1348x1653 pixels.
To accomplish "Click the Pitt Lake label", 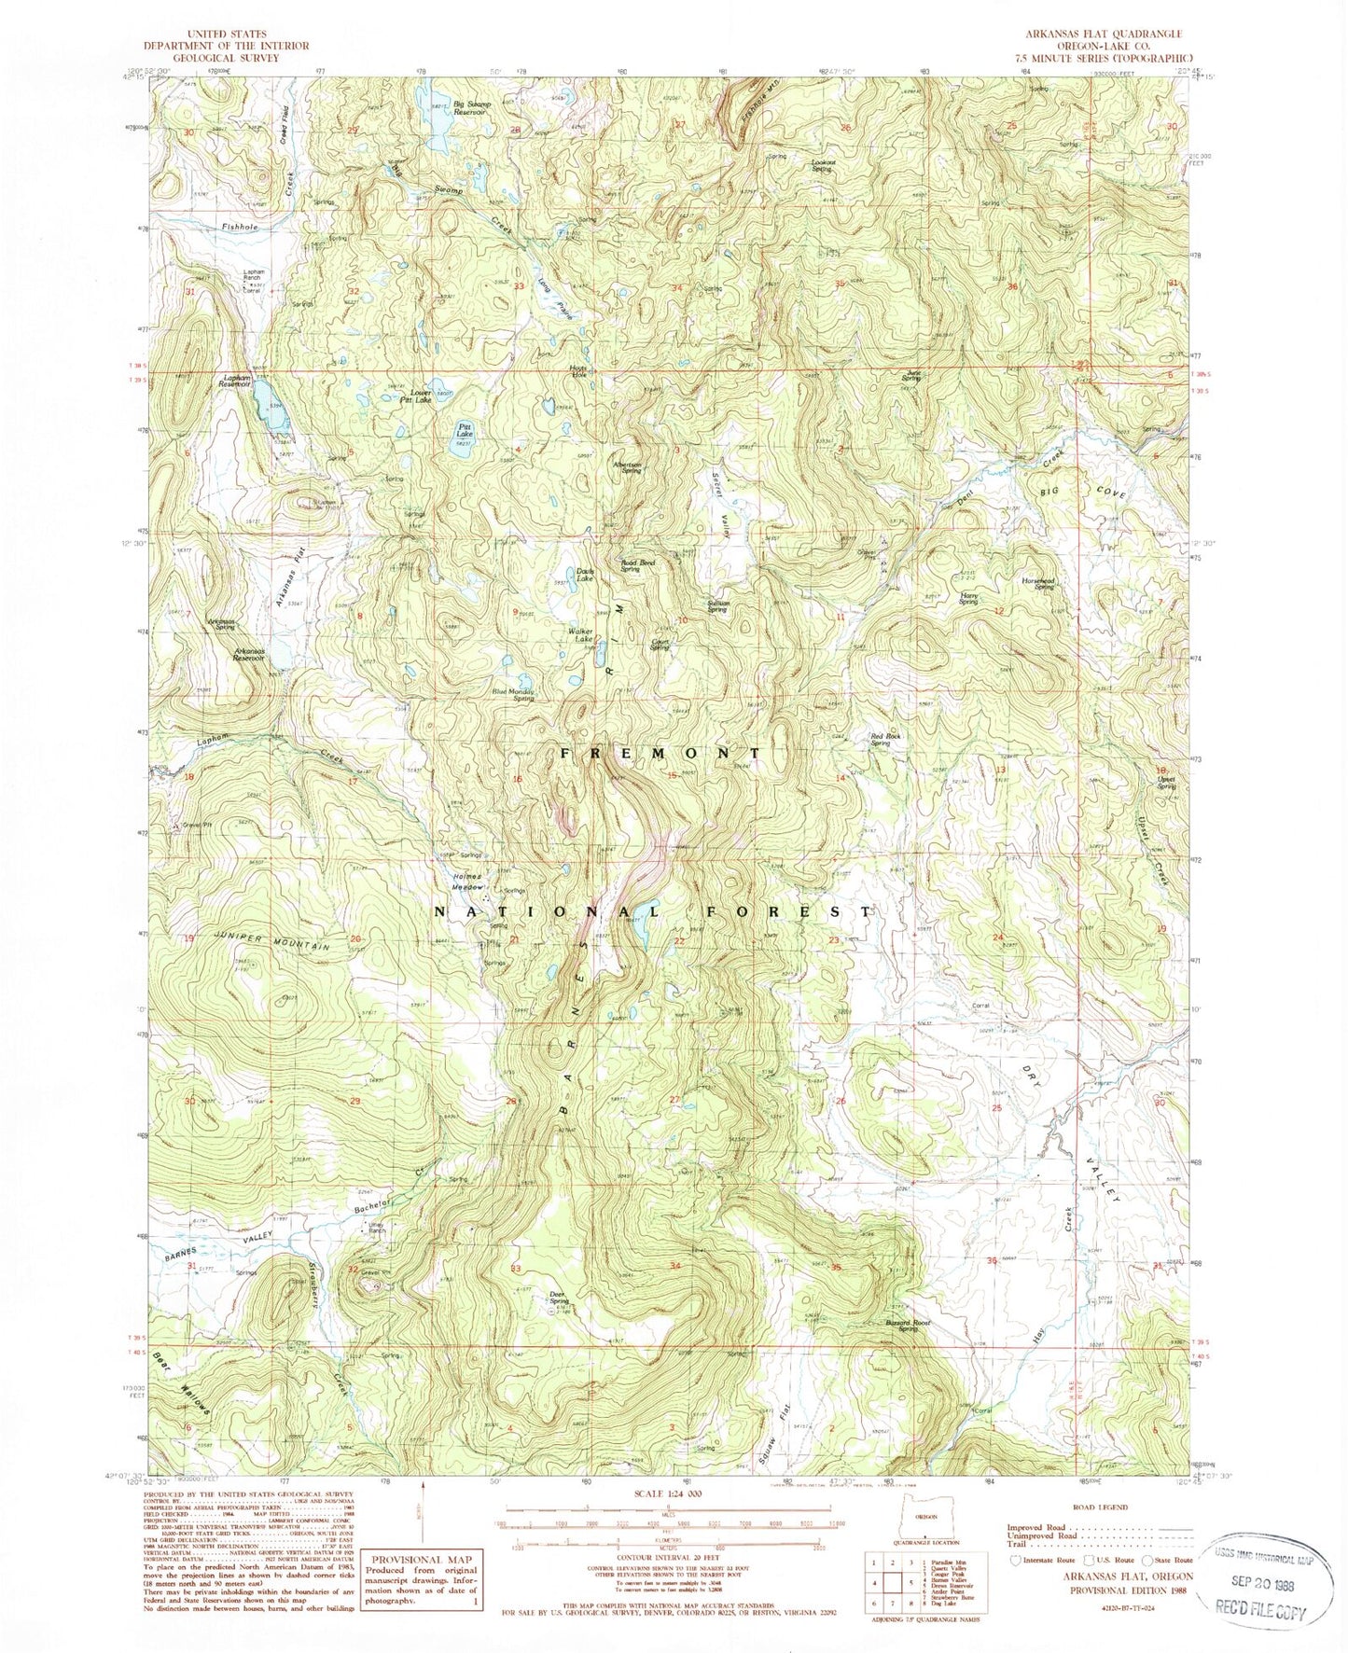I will [464, 431].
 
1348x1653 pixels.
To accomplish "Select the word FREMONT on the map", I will [660, 752].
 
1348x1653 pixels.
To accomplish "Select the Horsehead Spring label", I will [1043, 583].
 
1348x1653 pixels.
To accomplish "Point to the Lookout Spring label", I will [821, 166].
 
